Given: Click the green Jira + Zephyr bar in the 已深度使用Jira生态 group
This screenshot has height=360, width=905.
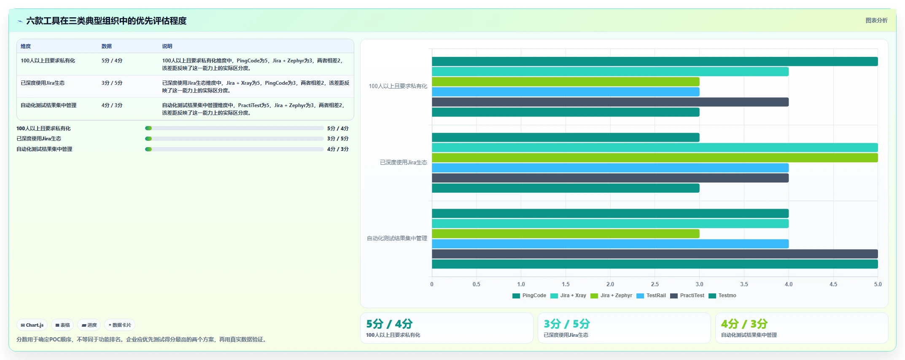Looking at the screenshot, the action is click(655, 158).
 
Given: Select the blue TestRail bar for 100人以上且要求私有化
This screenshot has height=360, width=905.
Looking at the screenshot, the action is click(566, 92).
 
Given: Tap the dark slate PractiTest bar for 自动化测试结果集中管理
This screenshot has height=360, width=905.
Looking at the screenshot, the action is click(655, 254).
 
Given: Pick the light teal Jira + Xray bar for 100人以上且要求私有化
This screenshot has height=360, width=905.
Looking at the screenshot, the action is click(610, 72).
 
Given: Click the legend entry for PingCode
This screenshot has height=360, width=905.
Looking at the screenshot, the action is click(529, 296).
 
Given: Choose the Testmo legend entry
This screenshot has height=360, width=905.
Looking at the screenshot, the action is click(722, 296).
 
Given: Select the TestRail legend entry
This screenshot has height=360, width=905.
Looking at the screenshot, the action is click(651, 296).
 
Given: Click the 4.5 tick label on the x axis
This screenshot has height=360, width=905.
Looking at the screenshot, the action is click(833, 284).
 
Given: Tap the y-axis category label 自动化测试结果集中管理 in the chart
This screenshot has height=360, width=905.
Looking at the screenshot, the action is click(397, 238).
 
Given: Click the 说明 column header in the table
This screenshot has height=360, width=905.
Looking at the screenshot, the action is click(167, 46).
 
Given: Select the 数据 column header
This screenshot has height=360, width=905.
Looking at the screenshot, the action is click(106, 46).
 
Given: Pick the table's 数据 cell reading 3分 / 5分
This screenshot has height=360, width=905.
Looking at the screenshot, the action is click(112, 83).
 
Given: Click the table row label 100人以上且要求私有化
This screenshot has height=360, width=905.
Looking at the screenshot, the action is click(48, 61).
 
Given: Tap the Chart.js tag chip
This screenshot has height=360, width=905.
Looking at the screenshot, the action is click(32, 325).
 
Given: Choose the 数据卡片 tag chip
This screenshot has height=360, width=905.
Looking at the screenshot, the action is click(120, 325).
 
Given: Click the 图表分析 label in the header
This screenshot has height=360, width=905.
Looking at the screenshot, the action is click(876, 20).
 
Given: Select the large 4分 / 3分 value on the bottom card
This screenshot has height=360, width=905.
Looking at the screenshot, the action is click(744, 324).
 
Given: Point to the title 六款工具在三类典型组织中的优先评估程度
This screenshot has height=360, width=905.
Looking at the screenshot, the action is click(106, 21).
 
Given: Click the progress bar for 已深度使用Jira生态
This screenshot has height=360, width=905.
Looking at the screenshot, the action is click(234, 139).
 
